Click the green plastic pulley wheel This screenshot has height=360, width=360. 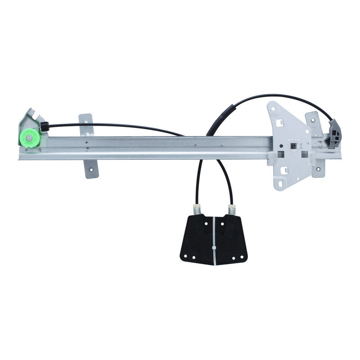30,137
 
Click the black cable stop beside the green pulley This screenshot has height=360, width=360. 44,127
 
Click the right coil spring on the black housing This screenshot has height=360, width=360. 232,210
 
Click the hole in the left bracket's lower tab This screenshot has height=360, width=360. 91,170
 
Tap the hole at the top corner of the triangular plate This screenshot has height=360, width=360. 272,108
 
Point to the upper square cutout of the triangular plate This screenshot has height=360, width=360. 279,121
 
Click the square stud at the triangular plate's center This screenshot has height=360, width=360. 293,145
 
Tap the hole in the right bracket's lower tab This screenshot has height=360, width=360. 318,169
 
